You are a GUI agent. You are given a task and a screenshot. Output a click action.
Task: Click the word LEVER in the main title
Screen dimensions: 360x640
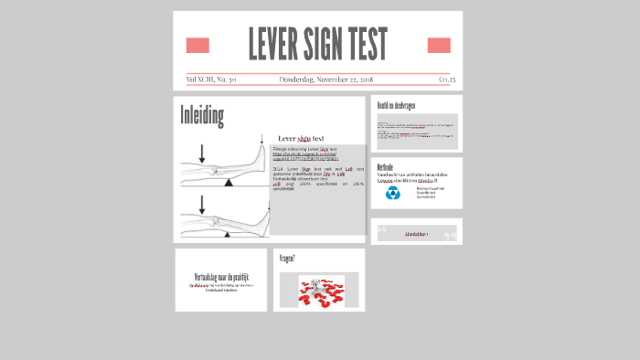point(280,45)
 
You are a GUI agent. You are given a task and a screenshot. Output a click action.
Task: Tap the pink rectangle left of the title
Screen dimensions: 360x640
point(197,46)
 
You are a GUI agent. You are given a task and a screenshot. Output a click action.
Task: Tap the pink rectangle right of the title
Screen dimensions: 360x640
point(439,46)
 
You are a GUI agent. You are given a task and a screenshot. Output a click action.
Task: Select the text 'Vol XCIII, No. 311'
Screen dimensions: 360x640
point(211,80)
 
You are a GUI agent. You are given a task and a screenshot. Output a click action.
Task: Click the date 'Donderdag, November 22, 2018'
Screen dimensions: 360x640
point(325,80)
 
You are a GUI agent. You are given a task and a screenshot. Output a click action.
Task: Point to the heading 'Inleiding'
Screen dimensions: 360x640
point(202,116)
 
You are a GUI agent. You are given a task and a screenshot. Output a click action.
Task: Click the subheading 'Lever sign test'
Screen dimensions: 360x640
point(301,139)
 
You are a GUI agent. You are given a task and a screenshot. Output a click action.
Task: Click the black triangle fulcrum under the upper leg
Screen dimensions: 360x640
point(229,182)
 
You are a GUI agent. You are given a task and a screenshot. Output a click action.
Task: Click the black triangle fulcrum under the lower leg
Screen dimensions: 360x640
point(229,235)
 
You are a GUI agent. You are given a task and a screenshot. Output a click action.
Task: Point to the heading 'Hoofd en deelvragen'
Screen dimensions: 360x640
point(397,105)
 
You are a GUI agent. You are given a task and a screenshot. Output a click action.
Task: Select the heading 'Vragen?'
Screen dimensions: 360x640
point(287,259)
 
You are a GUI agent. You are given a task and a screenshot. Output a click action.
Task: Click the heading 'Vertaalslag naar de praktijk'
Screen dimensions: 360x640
point(221,276)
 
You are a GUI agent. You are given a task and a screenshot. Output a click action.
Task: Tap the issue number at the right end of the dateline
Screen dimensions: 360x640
point(447,80)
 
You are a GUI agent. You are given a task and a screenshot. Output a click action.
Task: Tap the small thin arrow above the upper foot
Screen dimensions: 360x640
point(261,140)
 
